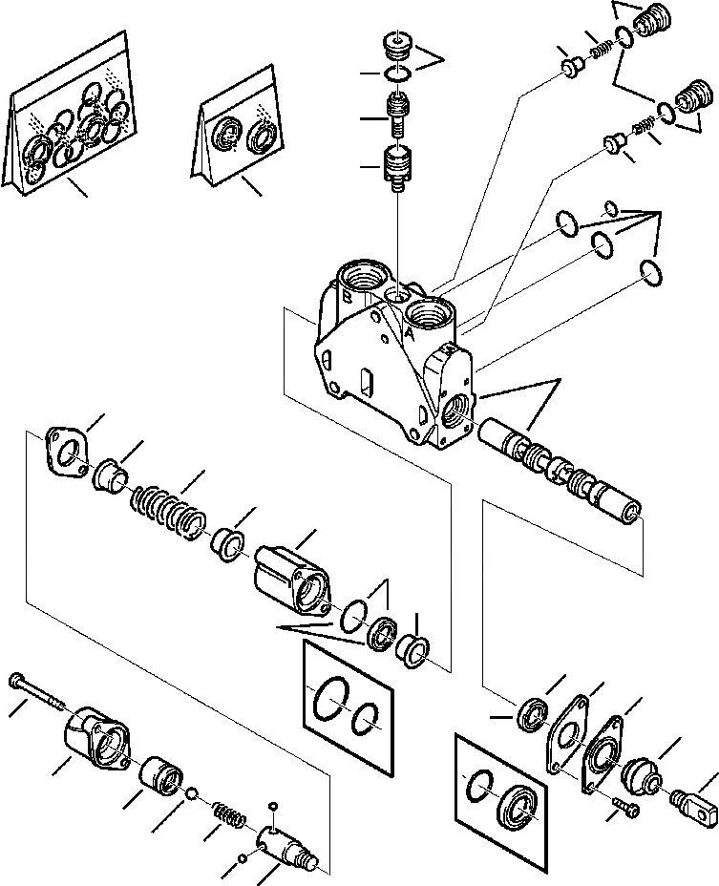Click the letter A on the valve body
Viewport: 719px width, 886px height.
click(x=408, y=335)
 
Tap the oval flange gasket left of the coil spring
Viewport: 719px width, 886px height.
click(x=66, y=452)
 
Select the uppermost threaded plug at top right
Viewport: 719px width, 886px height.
click(x=652, y=22)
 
